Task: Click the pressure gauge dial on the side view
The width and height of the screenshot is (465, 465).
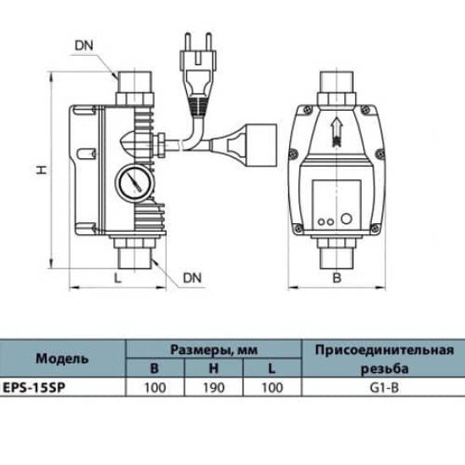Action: coord(135,183)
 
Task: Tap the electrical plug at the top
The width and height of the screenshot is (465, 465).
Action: coord(197,75)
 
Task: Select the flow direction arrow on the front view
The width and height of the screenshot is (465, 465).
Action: coord(336,131)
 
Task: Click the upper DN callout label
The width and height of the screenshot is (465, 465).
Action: coord(84,46)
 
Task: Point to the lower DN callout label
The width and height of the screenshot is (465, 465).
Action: coord(192,278)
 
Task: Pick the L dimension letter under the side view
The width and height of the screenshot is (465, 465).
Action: coord(118,278)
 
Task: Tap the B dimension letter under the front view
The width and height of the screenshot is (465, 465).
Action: coord(336,278)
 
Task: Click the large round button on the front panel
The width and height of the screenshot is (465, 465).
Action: coord(346,219)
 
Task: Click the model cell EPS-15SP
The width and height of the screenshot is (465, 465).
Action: coord(34,387)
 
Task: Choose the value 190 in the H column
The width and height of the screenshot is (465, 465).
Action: coord(214,387)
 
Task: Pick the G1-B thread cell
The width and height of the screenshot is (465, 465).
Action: coord(385,387)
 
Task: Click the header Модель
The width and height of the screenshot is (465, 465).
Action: coord(63,358)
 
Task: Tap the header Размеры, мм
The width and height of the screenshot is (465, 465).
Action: coord(214,350)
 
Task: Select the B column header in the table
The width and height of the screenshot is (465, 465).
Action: coord(155,369)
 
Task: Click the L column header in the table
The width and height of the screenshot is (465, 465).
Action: coord(271,369)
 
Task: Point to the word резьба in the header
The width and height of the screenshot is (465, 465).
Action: coord(385,369)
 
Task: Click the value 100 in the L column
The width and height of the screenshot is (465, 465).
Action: coord(272,387)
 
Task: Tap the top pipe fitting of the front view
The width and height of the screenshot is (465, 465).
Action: coord(336,89)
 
